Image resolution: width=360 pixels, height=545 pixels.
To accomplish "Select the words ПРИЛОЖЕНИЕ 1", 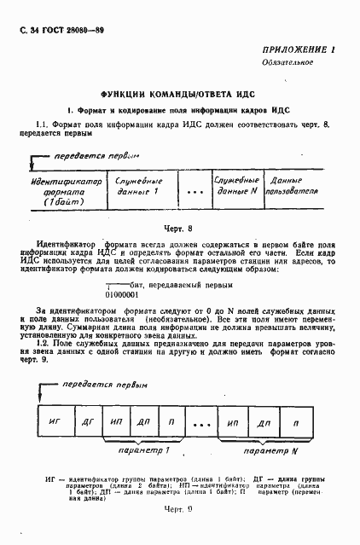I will (x=298, y=50).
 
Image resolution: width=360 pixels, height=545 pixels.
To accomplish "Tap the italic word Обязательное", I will (x=286, y=62).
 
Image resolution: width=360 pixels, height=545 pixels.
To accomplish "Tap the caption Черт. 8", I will (x=178, y=229).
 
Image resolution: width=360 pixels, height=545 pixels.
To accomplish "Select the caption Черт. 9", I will (x=178, y=533).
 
